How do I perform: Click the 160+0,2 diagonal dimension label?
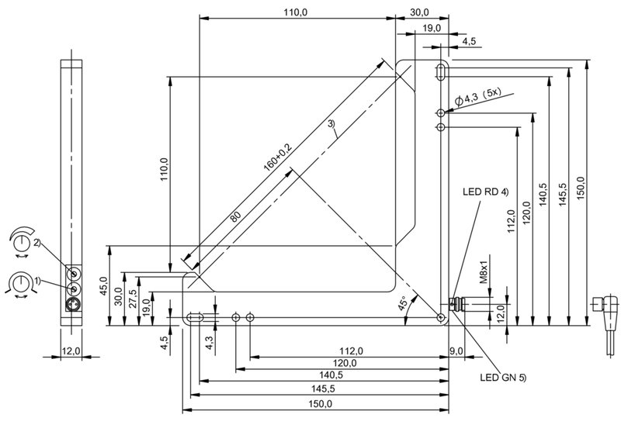[x=277, y=157]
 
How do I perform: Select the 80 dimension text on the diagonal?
[x=235, y=216]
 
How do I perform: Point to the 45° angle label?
[x=403, y=303]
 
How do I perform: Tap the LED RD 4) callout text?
[x=486, y=192]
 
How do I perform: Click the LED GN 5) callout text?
[x=503, y=378]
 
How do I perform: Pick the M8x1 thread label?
[x=483, y=272]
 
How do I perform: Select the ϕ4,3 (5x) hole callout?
[x=478, y=97]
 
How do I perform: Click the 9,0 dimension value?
[x=456, y=351]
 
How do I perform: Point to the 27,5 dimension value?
[x=133, y=299]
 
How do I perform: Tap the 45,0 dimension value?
[x=103, y=285]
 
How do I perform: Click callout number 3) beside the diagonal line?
[x=331, y=123]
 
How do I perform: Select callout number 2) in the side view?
[x=36, y=243]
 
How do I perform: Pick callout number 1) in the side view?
[x=37, y=281]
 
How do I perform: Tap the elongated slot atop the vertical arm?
[x=440, y=71]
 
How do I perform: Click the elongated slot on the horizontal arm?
[x=195, y=317]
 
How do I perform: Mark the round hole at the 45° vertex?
[x=440, y=317]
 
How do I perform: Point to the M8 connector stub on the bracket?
[x=457, y=304]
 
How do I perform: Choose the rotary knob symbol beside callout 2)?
[x=22, y=241]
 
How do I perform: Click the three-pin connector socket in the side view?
[x=74, y=304]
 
